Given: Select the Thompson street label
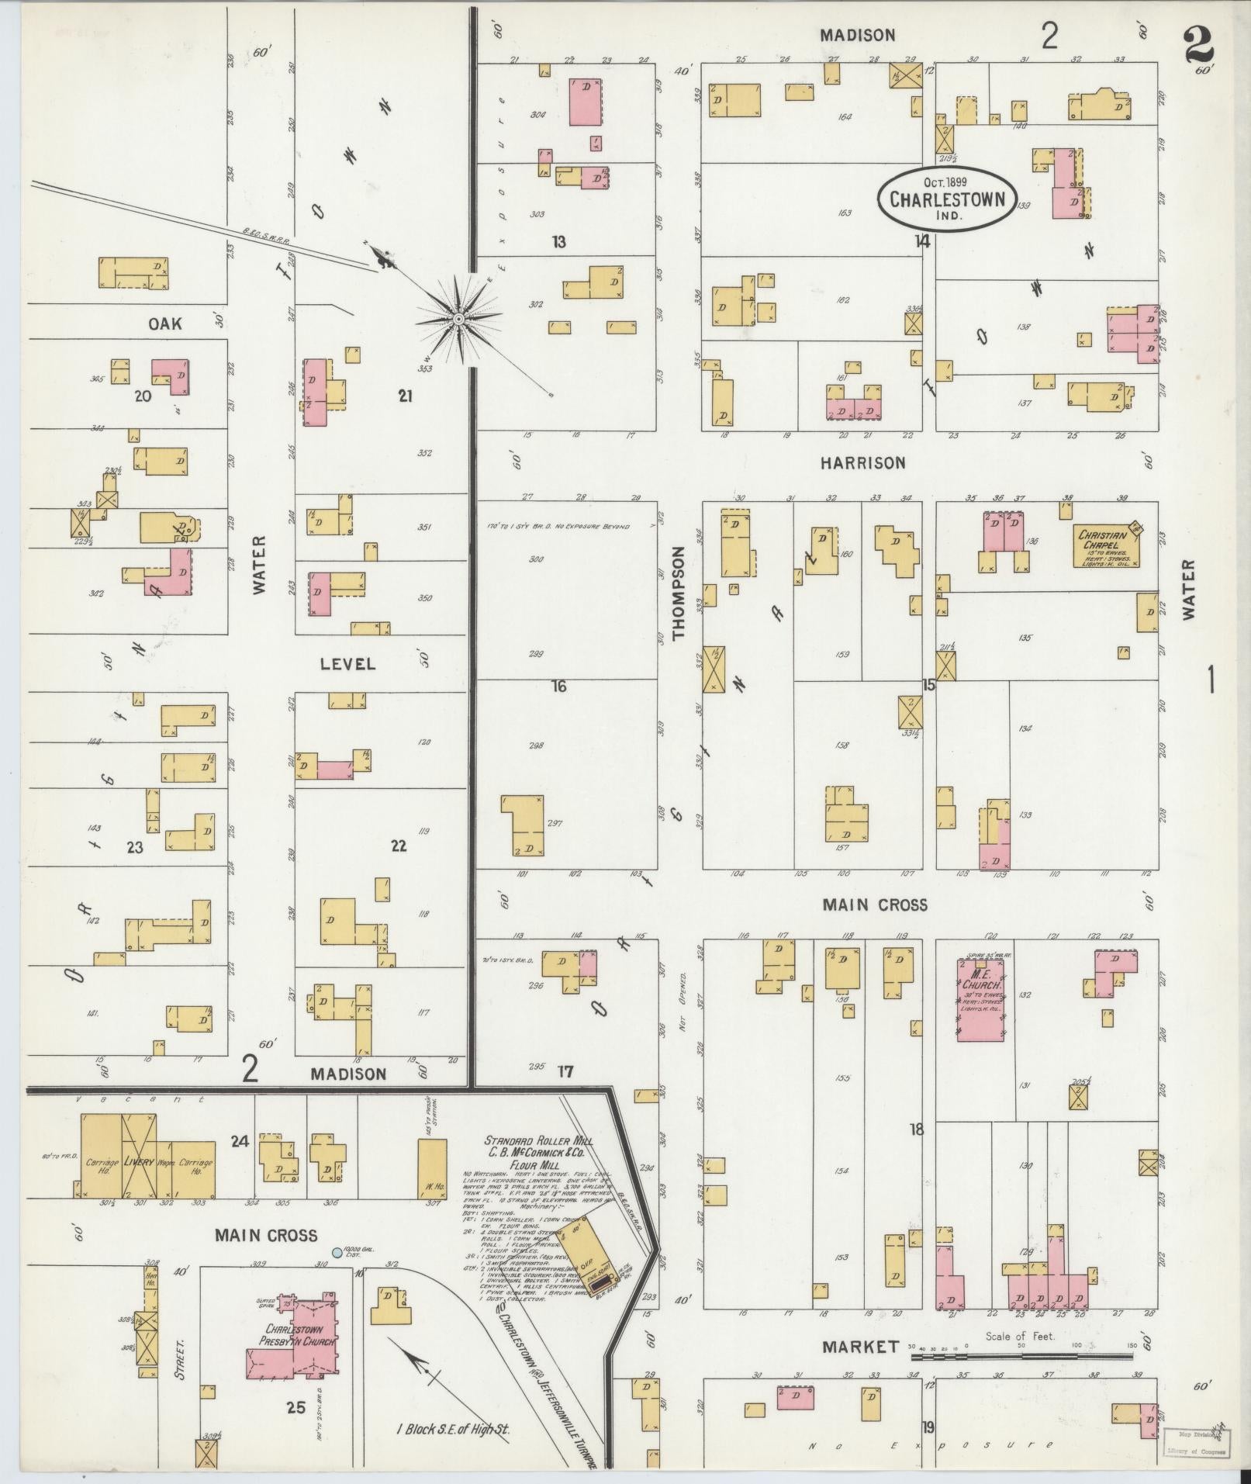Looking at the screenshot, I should [x=680, y=593].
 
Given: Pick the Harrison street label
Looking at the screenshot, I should [x=862, y=463].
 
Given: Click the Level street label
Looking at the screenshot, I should [x=348, y=664].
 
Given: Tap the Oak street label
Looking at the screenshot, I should [x=165, y=323].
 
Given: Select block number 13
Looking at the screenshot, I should [x=558, y=243].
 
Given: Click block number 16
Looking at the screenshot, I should [x=558, y=686].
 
